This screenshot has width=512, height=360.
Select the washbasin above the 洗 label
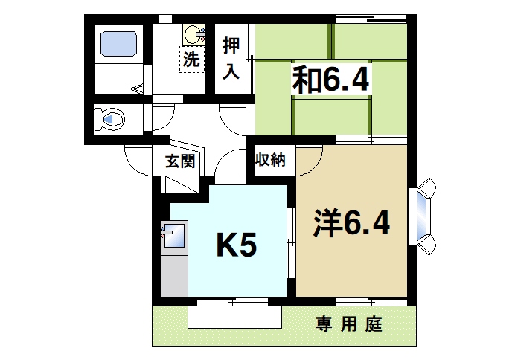coord(193,33)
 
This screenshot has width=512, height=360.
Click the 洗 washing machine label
coord(192,60)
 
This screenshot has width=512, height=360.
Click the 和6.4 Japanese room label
coord(330,80)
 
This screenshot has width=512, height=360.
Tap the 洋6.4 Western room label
coord(351,222)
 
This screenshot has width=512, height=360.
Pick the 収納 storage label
coord(271,160)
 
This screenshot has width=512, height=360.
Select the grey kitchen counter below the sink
coord(174,275)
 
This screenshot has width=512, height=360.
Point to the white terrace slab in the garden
coord(234,318)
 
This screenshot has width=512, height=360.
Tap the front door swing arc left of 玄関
coord(138,157)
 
